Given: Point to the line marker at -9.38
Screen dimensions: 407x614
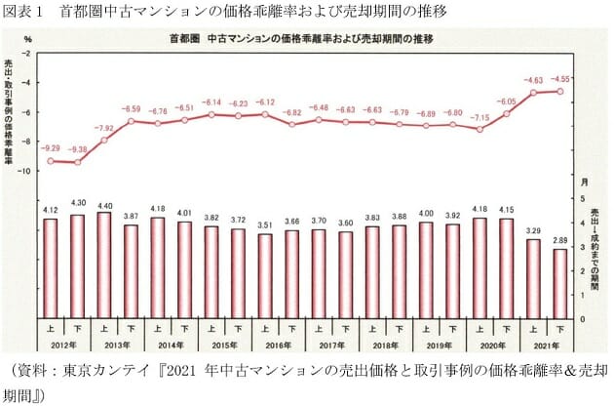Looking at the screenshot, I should [x=78, y=162].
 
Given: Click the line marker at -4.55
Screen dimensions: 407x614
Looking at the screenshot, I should [x=559, y=91].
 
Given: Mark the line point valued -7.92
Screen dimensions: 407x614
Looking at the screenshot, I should [x=104, y=141].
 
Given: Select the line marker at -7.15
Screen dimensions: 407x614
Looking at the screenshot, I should [x=480, y=129].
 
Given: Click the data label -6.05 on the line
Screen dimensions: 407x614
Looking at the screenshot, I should [x=506, y=101].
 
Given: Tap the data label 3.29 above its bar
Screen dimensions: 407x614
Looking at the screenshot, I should [x=532, y=230].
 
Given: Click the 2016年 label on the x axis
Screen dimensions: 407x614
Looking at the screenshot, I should [x=278, y=345].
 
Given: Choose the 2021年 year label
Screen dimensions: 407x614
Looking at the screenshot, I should [x=546, y=345].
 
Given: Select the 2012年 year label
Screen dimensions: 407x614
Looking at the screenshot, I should [x=64, y=345].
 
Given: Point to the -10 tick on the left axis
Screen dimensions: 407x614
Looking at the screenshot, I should [x=25, y=171].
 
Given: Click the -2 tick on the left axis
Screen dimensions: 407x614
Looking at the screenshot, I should [x=27, y=54].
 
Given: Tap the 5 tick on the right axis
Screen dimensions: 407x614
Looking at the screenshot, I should [x=583, y=199].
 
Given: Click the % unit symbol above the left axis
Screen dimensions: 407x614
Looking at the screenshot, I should [x=28, y=38].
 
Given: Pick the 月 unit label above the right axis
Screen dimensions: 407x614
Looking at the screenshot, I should [x=584, y=183].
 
